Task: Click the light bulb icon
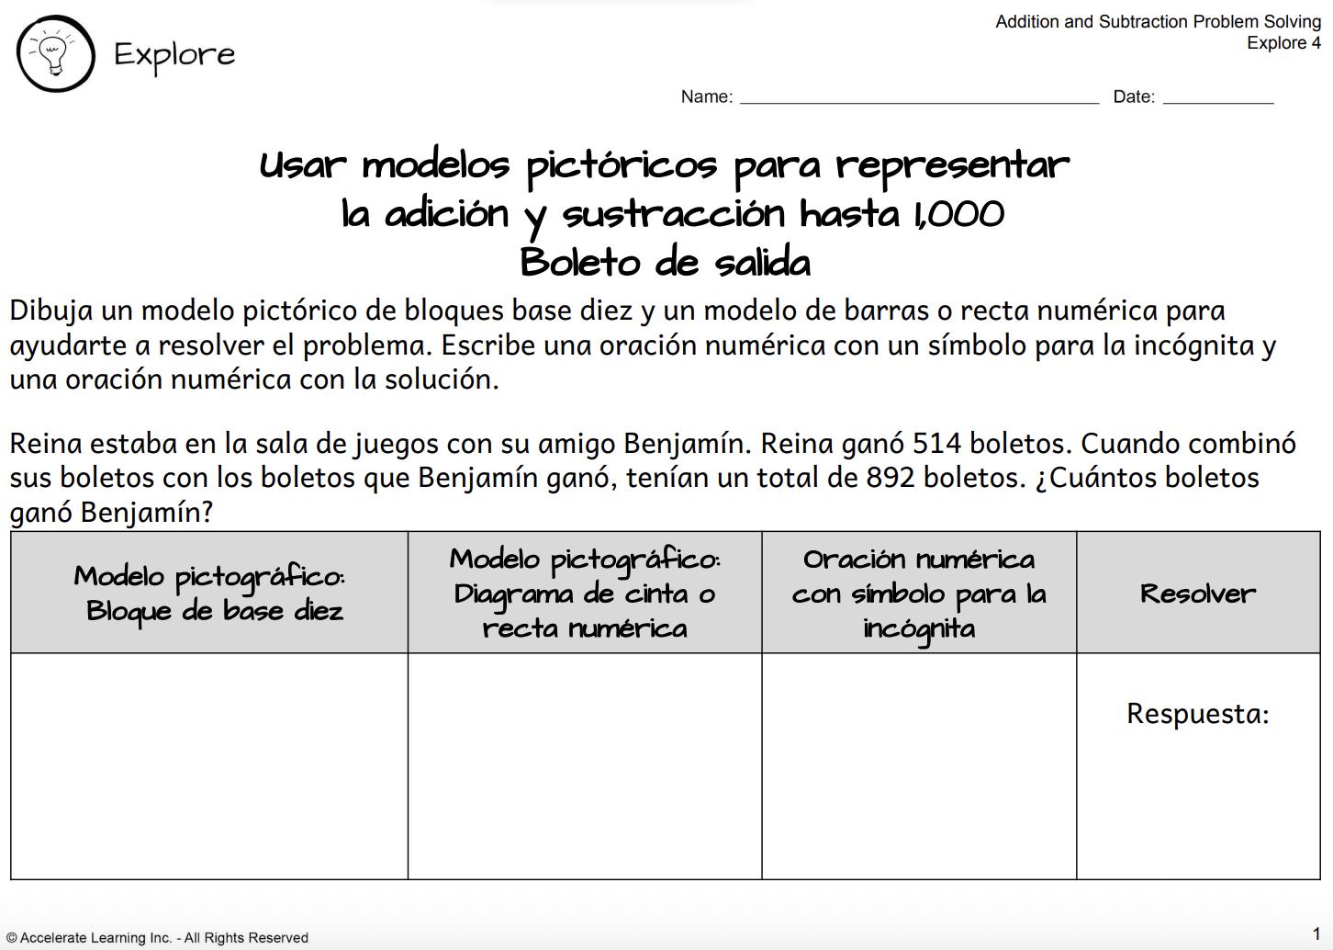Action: tap(55, 54)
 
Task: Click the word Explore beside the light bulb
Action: tap(174, 54)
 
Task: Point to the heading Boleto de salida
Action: tap(666, 263)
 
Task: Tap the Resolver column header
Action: tap(1197, 594)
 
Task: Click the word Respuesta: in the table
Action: tap(1197, 714)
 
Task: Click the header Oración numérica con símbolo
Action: tap(919, 594)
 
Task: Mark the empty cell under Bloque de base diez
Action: tap(209, 766)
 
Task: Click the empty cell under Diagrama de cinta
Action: tap(585, 766)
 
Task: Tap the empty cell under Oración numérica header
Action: tap(919, 766)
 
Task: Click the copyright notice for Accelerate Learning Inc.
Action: tap(158, 937)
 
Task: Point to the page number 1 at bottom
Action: tap(1316, 933)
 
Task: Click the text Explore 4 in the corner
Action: tap(1283, 42)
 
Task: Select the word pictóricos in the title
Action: tap(622, 166)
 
